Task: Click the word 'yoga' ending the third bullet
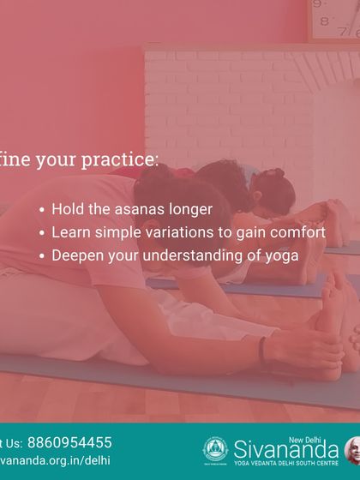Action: tap(282, 255)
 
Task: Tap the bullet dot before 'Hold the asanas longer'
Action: tap(43, 210)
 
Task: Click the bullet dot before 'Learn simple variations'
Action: tap(43, 233)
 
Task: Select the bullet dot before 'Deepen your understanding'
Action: tap(43, 256)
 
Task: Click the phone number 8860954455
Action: tap(69, 443)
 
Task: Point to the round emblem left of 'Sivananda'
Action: tap(214, 450)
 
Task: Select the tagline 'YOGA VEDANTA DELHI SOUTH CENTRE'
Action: tap(285, 463)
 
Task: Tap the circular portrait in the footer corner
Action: tap(352, 450)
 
